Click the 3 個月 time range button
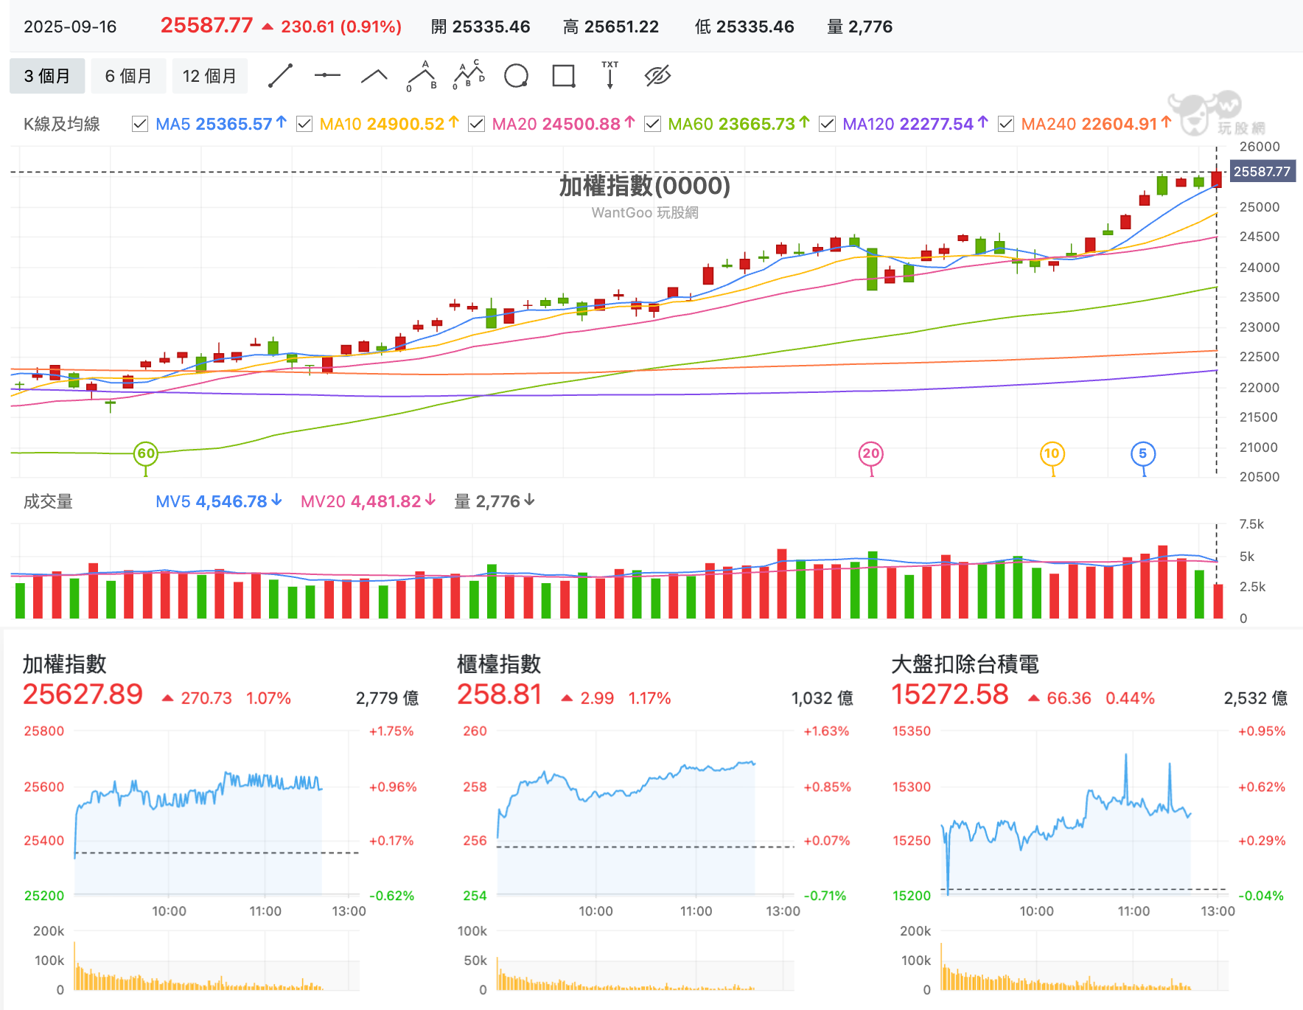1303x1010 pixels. coord(47,76)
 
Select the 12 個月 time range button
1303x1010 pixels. coord(209,76)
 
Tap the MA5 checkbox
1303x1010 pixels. coord(139,124)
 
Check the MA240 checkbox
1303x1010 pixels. coord(1005,124)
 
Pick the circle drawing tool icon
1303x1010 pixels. coord(516,76)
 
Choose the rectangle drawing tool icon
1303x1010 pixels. coord(564,76)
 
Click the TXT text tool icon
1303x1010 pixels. coord(610,75)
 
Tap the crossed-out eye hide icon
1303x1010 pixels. coord(657,76)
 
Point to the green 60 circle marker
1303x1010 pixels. coord(146,453)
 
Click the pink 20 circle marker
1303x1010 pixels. coord(871,453)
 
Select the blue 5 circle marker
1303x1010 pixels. coord(1143,453)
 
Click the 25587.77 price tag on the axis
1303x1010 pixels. coord(1262,172)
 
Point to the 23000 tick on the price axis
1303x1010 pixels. coord(1260,327)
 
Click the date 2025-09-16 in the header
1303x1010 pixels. coord(70,27)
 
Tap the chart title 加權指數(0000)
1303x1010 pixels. coord(645,186)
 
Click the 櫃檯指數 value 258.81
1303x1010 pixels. coord(500,694)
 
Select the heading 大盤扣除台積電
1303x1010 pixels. coord(965,664)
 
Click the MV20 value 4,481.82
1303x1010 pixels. coord(385,501)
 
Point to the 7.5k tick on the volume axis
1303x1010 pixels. coord(1251,524)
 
